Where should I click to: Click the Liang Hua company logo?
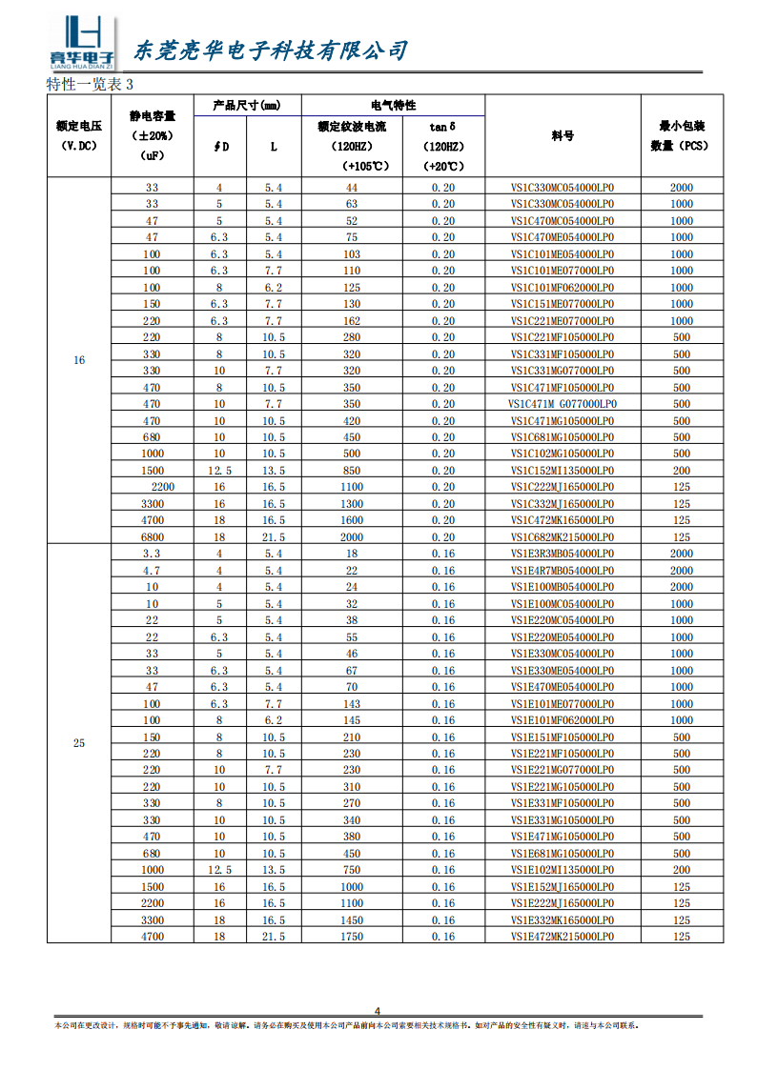tap(82, 43)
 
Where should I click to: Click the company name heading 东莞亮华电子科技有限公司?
tap(270, 50)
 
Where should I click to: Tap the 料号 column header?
tap(563, 135)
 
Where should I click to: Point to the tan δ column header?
tap(443, 126)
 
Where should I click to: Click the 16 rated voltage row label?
tap(79, 361)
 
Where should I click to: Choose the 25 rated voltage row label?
tap(79, 743)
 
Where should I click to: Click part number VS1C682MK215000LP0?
tap(563, 537)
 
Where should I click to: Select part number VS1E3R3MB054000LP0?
tap(563, 554)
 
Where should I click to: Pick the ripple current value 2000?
tap(352, 537)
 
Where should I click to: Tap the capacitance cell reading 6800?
tap(153, 537)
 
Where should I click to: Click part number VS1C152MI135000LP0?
tap(563, 471)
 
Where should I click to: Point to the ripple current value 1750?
tap(352, 937)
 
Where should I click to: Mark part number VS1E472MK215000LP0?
tap(563, 937)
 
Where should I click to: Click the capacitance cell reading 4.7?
tap(153, 571)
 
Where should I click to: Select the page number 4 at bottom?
tap(378, 1011)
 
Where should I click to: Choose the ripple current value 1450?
tap(352, 920)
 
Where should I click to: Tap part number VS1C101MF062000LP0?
tap(563, 288)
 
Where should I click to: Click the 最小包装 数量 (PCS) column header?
tap(681, 135)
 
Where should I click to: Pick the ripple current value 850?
tap(352, 471)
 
